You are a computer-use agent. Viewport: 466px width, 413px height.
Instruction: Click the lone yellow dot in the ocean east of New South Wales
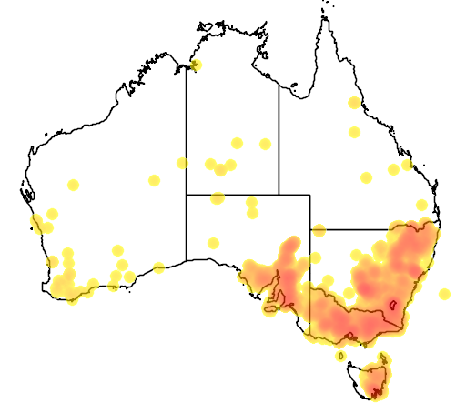click(444, 294)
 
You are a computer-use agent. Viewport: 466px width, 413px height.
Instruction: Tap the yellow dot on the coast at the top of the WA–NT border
click(196, 65)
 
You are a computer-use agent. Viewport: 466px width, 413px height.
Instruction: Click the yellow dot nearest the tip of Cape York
click(353, 102)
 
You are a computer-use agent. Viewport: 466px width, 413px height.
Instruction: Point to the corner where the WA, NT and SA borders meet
click(187, 194)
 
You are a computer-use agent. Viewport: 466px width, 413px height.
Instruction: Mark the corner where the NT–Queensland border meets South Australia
click(279, 194)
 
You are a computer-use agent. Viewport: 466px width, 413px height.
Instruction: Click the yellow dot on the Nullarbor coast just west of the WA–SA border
click(159, 267)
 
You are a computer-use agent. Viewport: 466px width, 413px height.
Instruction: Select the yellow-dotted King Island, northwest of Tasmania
click(339, 356)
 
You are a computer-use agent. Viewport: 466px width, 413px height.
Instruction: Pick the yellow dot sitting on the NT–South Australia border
click(218, 197)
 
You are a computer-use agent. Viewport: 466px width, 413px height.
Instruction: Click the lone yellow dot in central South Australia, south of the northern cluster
click(213, 243)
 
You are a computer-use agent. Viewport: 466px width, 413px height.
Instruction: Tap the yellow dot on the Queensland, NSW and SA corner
click(319, 230)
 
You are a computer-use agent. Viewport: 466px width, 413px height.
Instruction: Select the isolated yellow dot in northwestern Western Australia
click(74, 185)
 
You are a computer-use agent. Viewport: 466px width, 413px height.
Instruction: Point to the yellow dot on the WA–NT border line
click(182, 163)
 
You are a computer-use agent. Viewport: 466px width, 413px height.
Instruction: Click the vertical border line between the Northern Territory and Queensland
click(279, 136)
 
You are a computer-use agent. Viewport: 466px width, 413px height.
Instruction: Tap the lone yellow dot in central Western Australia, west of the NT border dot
click(154, 180)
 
